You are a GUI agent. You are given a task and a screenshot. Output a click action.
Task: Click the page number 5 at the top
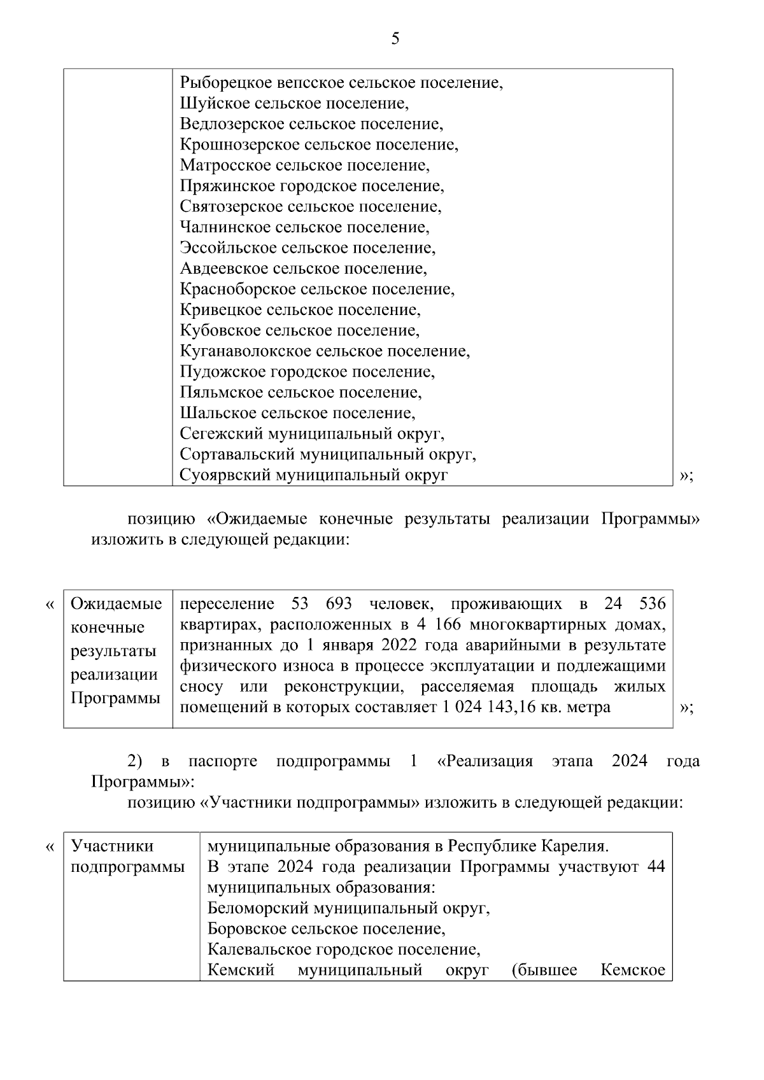pyautogui.click(x=395, y=39)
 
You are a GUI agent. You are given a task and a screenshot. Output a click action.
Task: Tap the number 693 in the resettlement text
pyautogui.click(x=339, y=603)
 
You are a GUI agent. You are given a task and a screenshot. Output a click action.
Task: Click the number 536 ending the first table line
pyautogui.click(x=652, y=603)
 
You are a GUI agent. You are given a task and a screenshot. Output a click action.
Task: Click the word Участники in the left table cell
pyautogui.click(x=112, y=846)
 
